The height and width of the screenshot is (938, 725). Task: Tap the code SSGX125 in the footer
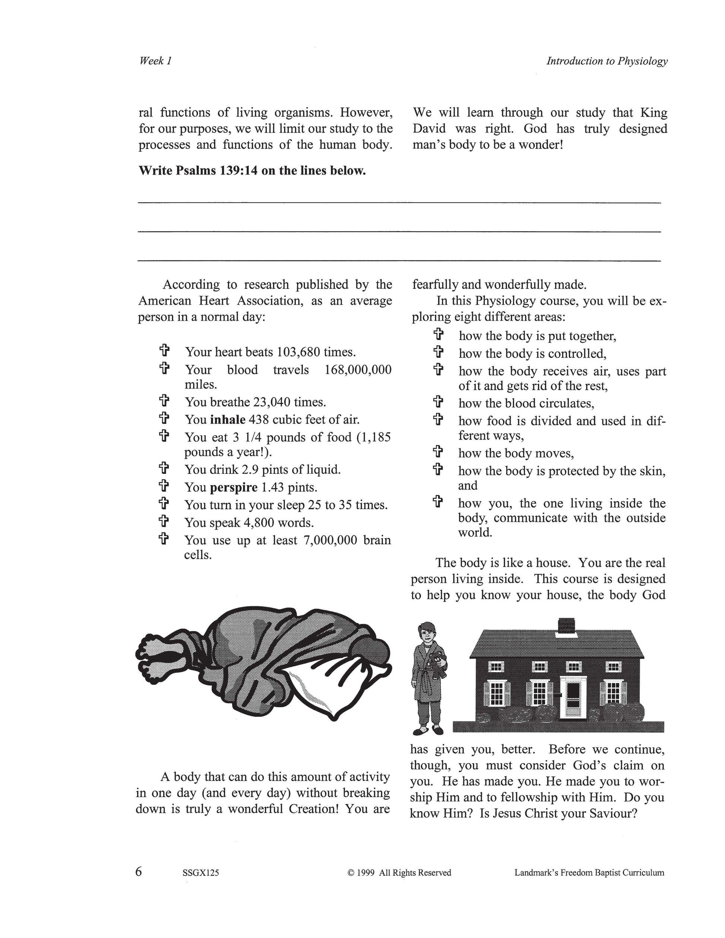coord(200,873)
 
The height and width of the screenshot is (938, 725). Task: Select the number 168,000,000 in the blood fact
coord(358,370)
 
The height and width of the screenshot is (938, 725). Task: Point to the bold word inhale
coord(228,419)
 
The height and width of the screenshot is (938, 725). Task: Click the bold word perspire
coord(234,488)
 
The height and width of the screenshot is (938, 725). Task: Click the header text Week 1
coord(155,61)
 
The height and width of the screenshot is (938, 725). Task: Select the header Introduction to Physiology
coord(607,61)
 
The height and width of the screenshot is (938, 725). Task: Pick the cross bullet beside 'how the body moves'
coord(438,452)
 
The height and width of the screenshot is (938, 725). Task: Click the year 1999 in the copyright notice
coord(366,873)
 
